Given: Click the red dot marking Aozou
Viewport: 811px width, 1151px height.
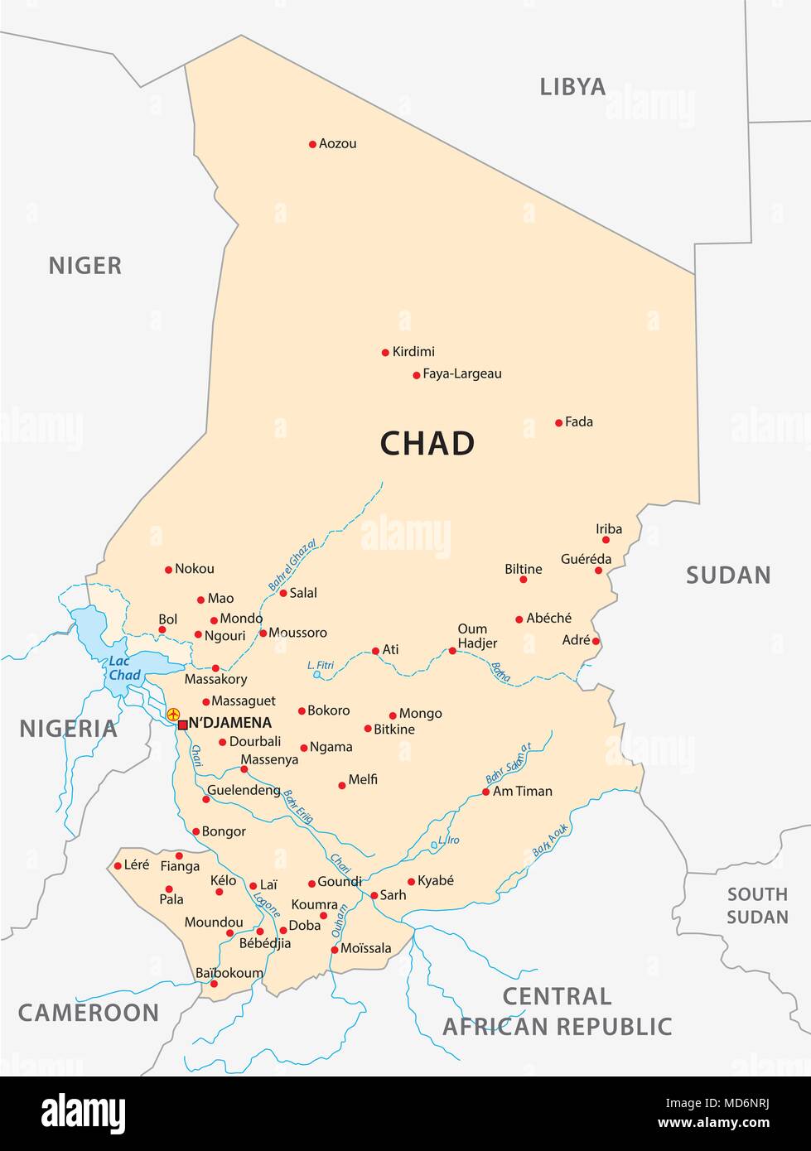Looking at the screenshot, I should (312, 144).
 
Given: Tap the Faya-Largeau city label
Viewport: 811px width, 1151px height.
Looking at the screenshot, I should (461, 373).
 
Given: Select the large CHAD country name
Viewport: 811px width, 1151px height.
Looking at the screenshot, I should (427, 443).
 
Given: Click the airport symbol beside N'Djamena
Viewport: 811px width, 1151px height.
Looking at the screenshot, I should (173, 714).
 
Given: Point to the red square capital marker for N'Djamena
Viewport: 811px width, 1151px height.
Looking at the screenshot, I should (183, 725).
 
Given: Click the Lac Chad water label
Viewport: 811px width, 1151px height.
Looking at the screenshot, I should (124, 668).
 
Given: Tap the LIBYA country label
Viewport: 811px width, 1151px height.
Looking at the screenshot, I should (572, 86).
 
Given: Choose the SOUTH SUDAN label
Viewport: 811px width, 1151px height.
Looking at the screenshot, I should (757, 905).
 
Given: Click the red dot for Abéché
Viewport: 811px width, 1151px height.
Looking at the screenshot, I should (519, 619).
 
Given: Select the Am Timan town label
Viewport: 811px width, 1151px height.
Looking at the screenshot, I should (522, 791).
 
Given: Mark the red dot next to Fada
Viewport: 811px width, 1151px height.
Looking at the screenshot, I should (558, 422).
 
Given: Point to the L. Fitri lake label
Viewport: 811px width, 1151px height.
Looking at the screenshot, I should (320, 664).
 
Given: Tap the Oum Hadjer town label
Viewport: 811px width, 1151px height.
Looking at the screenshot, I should (477, 636).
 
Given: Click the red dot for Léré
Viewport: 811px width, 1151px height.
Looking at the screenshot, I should (117, 866).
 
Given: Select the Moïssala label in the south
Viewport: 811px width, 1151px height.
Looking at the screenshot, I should (365, 948).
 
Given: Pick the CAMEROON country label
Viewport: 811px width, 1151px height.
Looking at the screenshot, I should (89, 1012).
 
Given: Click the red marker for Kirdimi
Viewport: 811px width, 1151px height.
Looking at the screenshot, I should (385, 353).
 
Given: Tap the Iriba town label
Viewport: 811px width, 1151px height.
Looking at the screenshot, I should (608, 529).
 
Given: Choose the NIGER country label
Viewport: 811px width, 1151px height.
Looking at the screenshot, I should (84, 265).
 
